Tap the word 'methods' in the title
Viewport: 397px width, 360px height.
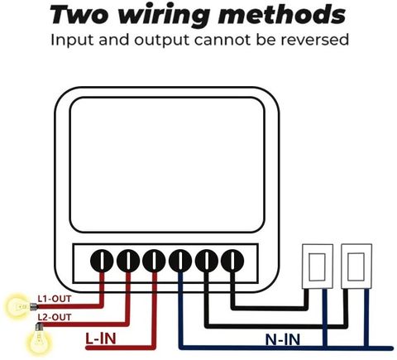282,15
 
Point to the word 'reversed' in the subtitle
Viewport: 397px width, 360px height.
314,40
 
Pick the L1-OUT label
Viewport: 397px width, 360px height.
55,299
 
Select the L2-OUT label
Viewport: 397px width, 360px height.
55,317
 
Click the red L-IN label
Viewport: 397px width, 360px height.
101,338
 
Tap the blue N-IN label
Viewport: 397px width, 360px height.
283,339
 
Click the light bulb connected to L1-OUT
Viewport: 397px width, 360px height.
19,306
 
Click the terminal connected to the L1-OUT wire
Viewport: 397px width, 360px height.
102,261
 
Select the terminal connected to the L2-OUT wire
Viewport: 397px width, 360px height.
128,261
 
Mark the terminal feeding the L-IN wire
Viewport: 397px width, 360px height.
154,261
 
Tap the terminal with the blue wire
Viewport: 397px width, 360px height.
180,261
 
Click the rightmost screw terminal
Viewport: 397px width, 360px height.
232,261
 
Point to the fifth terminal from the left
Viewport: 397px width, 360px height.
206,261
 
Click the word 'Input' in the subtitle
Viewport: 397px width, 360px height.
72,41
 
